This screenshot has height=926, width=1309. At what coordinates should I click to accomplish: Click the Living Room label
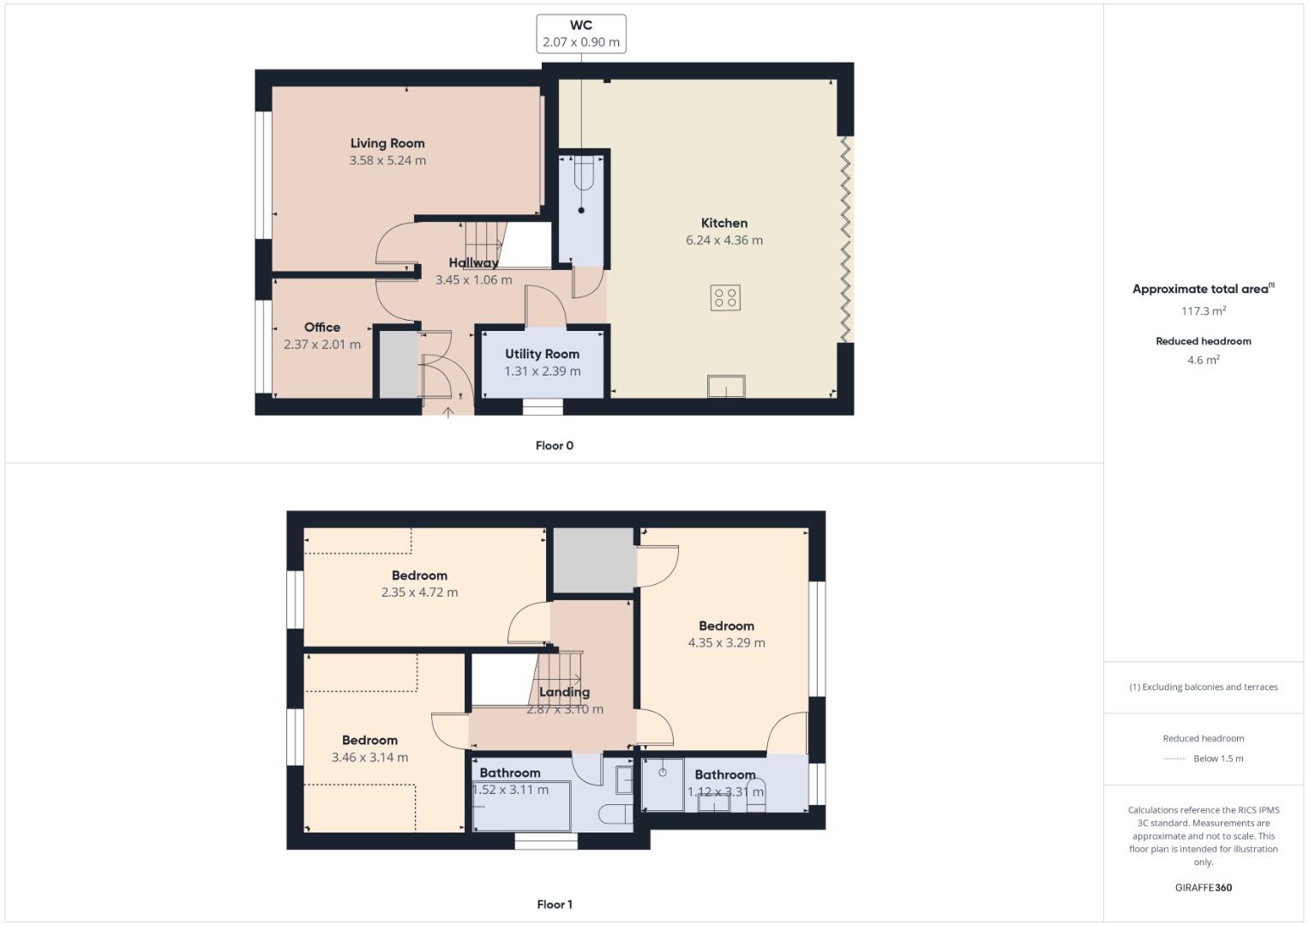(x=387, y=143)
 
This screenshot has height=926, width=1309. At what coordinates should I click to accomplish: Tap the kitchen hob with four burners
(x=725, y=298)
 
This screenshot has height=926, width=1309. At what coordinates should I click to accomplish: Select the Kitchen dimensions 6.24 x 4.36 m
(x=724, y=240)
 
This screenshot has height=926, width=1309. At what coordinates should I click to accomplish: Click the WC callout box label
(x=581, y=26)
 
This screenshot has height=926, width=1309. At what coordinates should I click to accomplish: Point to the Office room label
(x=322, y=328)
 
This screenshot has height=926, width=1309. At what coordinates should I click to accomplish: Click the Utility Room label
(x=542, y=354)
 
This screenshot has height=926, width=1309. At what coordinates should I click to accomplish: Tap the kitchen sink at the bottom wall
(x=726, y=387)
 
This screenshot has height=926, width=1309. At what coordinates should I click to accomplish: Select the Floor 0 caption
(x=555, y=446)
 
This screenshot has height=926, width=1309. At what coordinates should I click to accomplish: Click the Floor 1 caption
(x=555, y=905)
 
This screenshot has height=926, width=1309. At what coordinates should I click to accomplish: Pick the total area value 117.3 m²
(x=1204, y=311)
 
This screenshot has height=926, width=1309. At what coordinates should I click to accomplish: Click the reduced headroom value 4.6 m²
(x=1204, y=360)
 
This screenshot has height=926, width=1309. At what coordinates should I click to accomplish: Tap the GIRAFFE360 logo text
(x=1204, y=887)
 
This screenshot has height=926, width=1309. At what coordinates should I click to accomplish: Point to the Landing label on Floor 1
(x=564, y=692)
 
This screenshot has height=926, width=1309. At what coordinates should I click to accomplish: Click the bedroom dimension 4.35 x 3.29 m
(x=727, y=642)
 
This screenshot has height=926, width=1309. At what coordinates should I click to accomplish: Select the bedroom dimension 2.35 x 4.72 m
(x=420, y=592)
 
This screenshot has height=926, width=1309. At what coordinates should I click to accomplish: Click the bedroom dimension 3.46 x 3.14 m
(x=370, y=757)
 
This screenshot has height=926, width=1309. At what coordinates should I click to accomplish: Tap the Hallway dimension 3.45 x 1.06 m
(x=474, y=280)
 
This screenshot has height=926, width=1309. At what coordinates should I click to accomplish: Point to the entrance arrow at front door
(x=447, y=412)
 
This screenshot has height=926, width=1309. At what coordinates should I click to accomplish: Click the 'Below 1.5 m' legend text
(x=1218, y=759)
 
